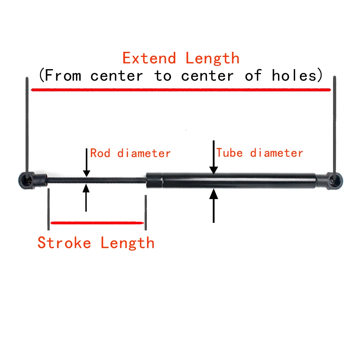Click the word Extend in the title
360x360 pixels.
(149, 58)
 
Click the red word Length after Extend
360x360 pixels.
(212, 58)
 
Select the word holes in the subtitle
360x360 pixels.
(295, 76)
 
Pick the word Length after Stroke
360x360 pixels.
(127, 243)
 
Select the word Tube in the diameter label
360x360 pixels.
(229, 153)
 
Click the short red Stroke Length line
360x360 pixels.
(97, 223)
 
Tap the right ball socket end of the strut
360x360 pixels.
(333, 179)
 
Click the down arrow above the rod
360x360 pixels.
(86, 164)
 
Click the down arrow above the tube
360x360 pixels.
(214, 158)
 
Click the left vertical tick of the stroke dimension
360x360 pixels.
(48, 209)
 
